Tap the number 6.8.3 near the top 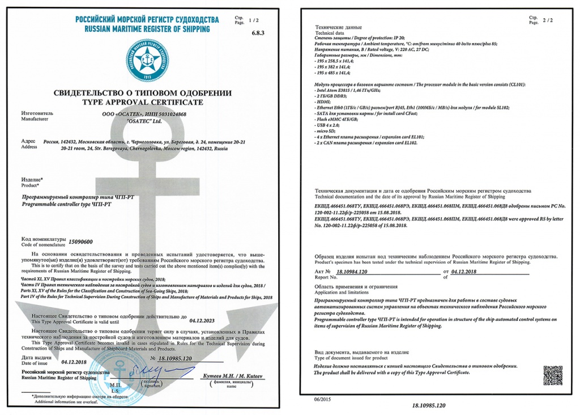258,33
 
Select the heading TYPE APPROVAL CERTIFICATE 143,102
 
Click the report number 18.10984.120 352,272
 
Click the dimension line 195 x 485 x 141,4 334,73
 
